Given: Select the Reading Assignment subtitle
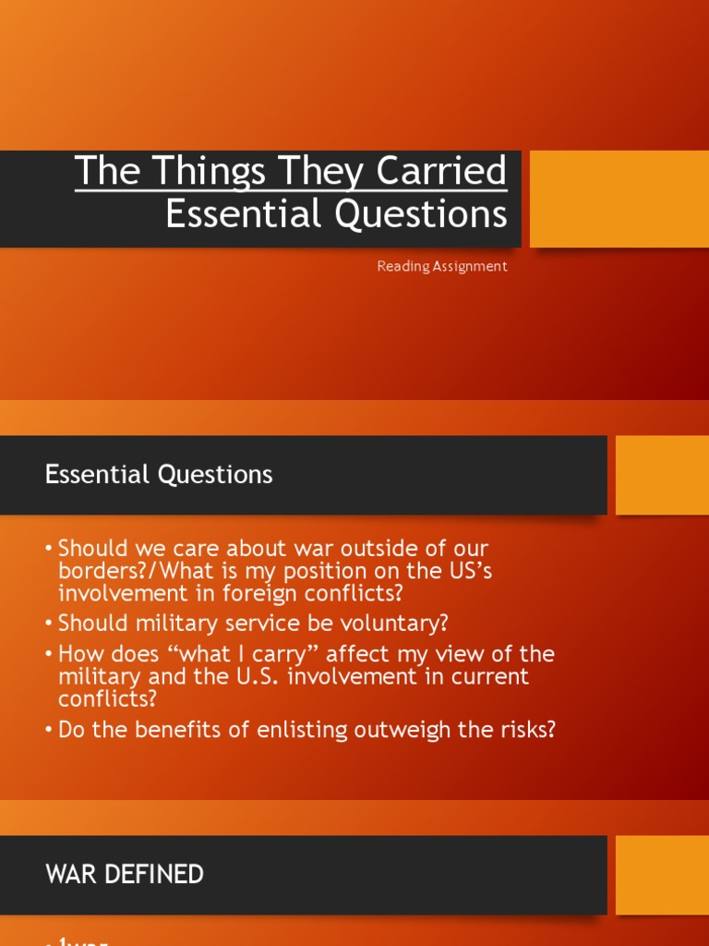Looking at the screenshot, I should tap(442, 266).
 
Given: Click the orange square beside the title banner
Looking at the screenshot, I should tap(619, 199).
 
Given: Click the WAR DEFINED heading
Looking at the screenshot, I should tap(125, 874).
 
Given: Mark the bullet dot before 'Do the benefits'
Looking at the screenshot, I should tap(49, 730).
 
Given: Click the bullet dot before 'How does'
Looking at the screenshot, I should tap(49, 654).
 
